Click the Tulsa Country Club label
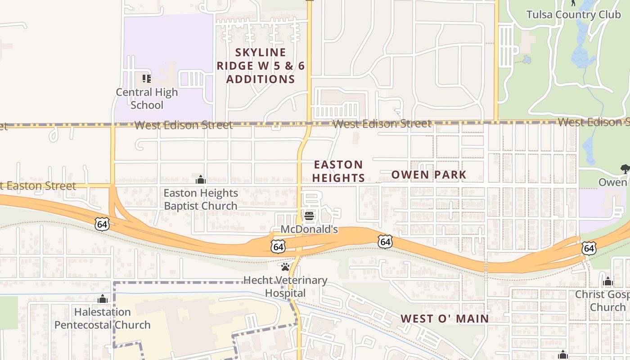tap(573, 14)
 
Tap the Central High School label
tap(147, 99)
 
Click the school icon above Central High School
tap(147, 79)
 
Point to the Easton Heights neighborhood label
tap(338, 171)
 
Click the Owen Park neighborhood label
tap(429, 175)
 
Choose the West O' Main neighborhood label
tap(445, 319)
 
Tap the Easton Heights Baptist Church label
tap(201, 199)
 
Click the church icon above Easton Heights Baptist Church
tap(201, 180)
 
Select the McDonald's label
tap(309, 229)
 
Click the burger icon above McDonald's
tap(309, 216)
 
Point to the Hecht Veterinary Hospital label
tap(285, 287)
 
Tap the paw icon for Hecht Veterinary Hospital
tap(285, 267)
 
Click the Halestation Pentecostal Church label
tap(103, 318)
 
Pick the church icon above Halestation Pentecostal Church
tap(103, 299)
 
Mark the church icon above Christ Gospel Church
tap(608, 282)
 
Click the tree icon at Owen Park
tap(625, 169)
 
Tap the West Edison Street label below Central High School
tap(184, 125)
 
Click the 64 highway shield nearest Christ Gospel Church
tap(589, 248)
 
